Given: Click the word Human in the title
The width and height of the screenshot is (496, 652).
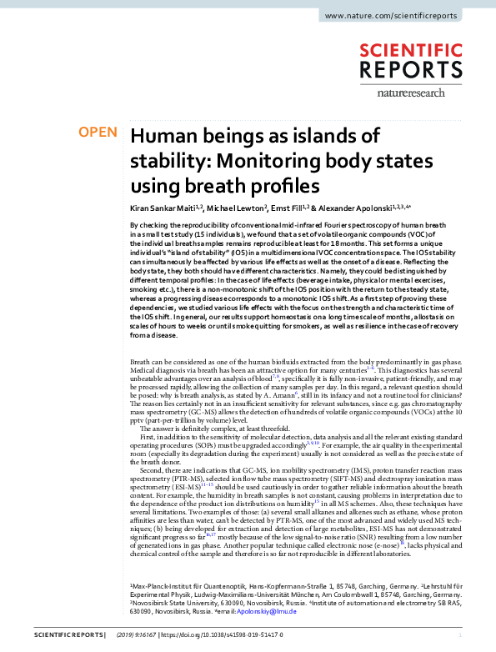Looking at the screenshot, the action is tap(159, 136).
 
